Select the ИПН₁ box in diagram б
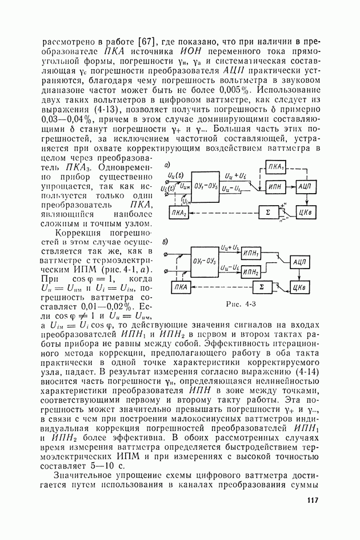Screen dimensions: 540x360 [x=251, y=253]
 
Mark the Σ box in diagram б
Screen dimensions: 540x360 [x=261, y=285]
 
